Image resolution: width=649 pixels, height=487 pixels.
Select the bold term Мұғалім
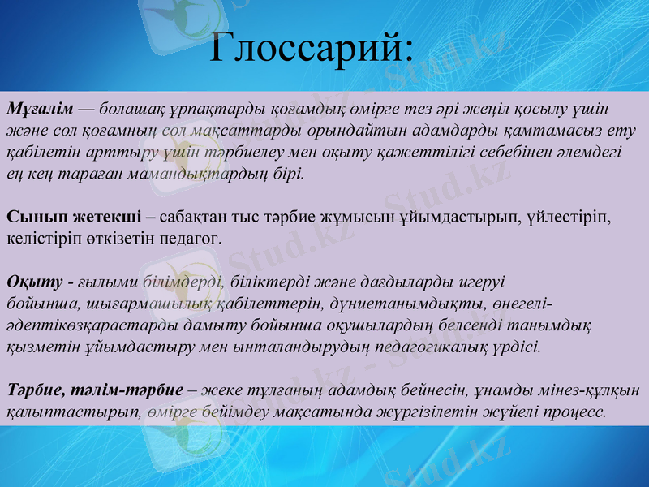pos(41,109)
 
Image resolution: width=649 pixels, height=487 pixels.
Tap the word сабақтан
pos(196,217)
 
